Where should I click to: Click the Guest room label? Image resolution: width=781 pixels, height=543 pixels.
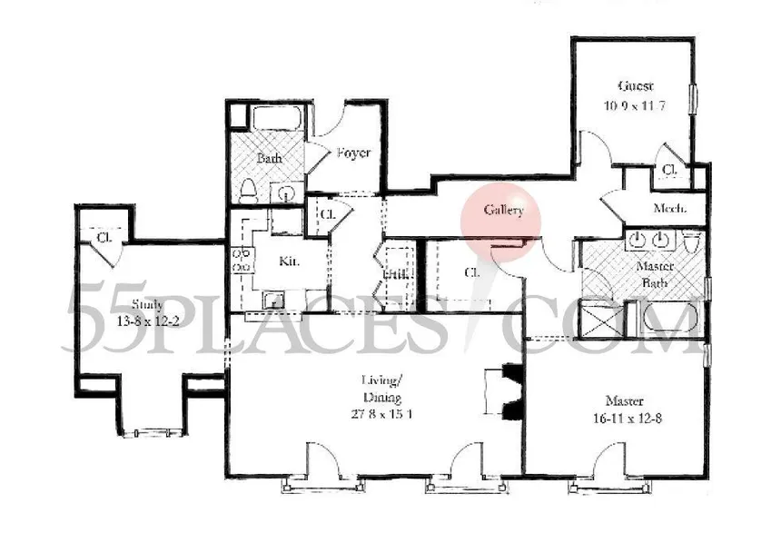(x=636, y=87)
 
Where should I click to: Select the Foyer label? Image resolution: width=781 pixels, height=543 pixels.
(x=352, y=153)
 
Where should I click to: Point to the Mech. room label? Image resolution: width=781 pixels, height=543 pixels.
(x=670, y=208)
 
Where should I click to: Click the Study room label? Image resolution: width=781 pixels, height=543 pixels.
(x=147, y=304)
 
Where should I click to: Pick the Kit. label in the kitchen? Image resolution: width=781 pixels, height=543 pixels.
(x=289, y=262)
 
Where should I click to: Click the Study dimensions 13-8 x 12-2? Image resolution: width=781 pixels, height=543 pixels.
(x=147, y=321)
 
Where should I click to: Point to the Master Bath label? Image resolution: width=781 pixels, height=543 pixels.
(x=653, y=274)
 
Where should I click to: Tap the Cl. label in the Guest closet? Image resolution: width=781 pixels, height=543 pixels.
(x=670, y=170)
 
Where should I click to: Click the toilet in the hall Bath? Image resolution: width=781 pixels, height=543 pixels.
(x=249, y=188)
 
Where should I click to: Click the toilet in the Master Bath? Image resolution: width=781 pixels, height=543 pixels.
(x=692, y=243)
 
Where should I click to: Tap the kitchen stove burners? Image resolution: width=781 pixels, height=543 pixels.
(x=242, y=261)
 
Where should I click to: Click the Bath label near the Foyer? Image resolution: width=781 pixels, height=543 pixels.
(x=269, y=158)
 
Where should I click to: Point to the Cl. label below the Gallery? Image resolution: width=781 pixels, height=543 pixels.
(x=471, y=271)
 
